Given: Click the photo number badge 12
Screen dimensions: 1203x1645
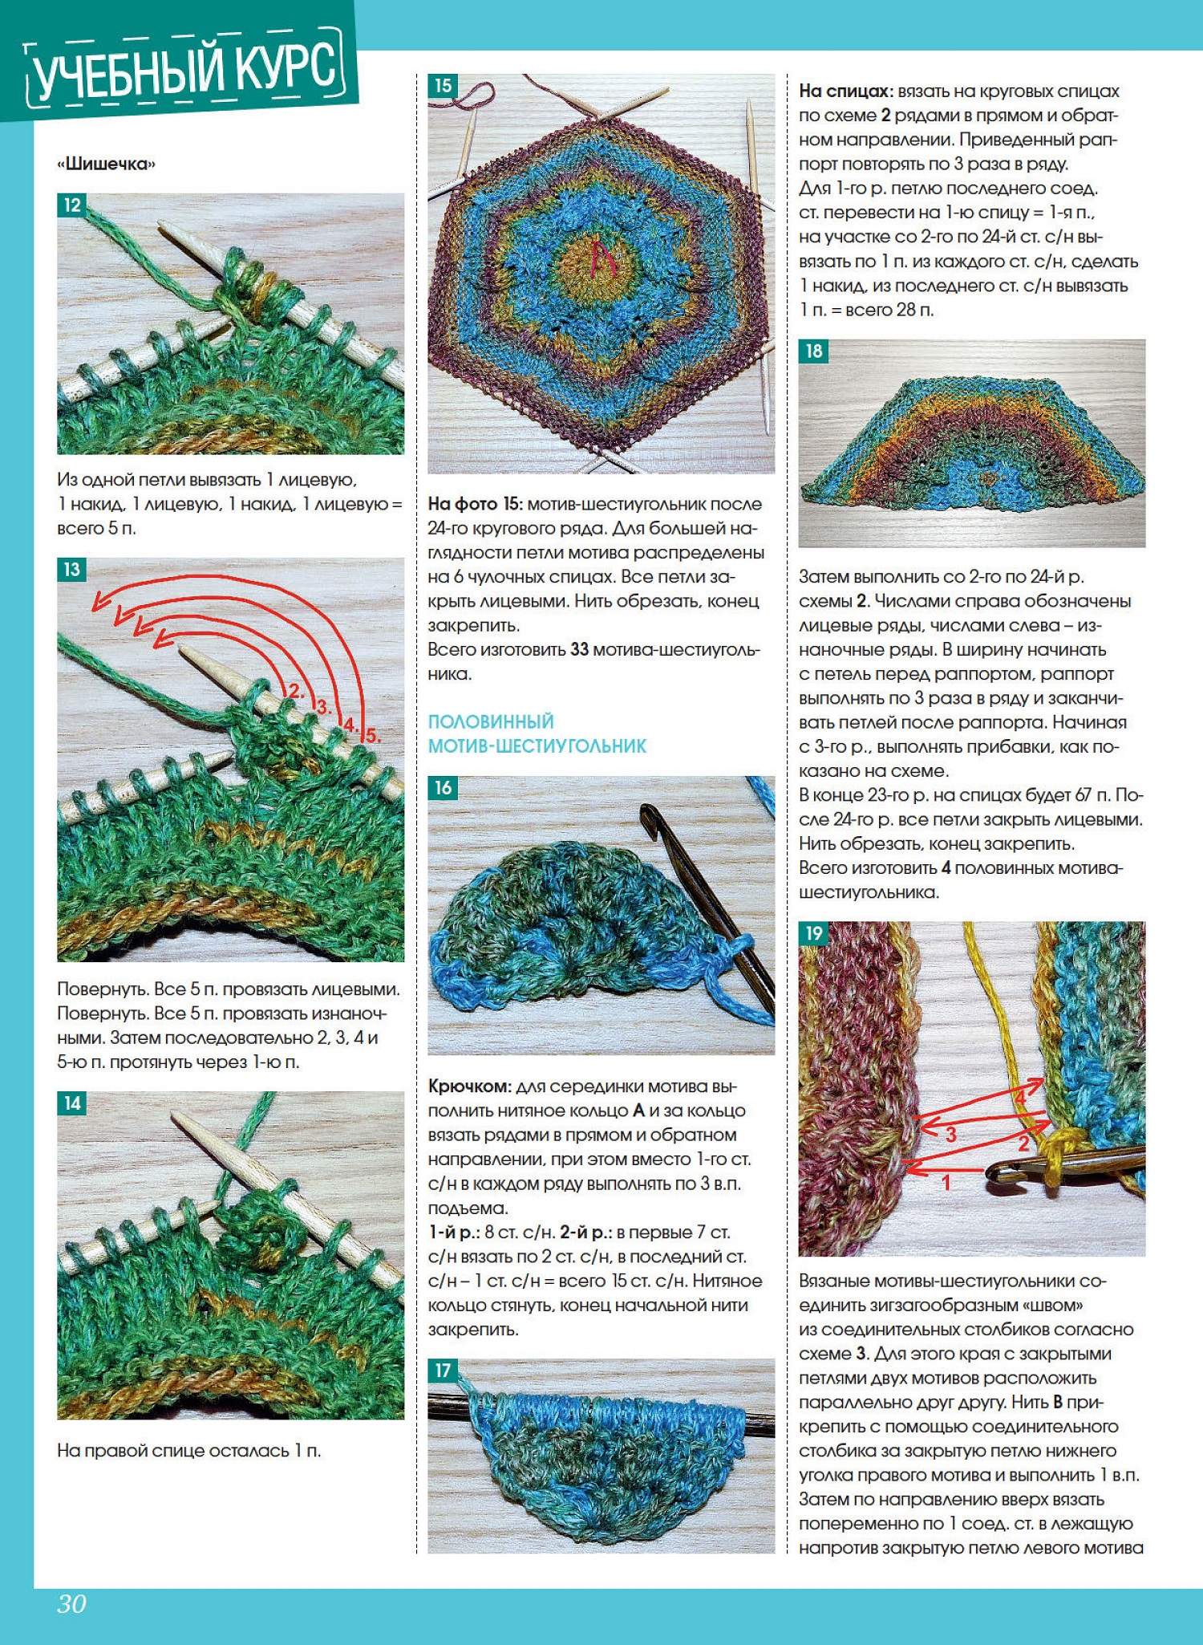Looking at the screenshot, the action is pyautogui.click(x=72, y=205).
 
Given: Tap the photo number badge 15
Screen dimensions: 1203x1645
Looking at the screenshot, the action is pyautogui.click(x=443, y=86).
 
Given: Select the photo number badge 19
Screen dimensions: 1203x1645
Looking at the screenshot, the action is pyautogui.click(x=813, y=933).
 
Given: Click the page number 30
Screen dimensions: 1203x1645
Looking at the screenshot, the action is pyautogui.click(x=71, y=1603).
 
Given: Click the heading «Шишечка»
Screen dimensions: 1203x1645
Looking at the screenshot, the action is pyautogui.click(x=107, y=164).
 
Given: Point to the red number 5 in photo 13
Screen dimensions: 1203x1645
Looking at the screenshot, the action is pyautogui.click(x=372, y=735).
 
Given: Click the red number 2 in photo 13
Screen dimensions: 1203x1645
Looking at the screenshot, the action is pyautogui.click(x=295, y=691).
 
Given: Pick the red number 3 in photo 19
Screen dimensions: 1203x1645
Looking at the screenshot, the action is pyautogui.click(x=950, y=1134).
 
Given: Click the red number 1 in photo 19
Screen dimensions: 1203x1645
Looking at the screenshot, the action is pyautogui.click(x=946, y=1181).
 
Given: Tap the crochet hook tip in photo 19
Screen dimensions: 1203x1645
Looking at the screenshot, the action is pyautogui.click(x=994, y=1173).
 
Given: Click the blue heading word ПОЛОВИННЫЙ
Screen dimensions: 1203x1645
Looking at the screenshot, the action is pyautogui.click(x=491, y=721).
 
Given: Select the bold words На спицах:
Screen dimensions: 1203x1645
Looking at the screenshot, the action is pyautogui.click(x=845, y=91).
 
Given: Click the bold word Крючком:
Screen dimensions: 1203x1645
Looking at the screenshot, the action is pyautogui.click(x=469, y=1087).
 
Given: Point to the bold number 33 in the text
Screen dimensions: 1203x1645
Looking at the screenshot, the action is pyautogui.click(x=579, y=649).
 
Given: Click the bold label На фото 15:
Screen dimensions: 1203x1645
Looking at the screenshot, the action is pyautogui.click(x=475, y=504).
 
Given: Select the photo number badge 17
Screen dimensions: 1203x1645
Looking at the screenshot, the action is pyautogui.click(x=443, y=1370).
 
